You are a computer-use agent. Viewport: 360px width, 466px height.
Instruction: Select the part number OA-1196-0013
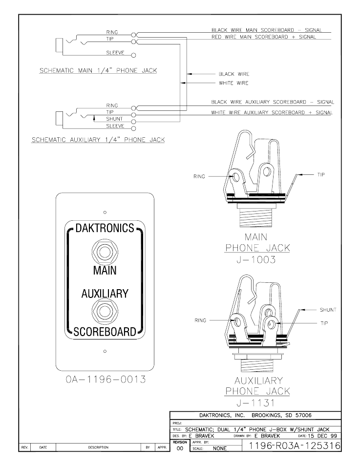point(105,380)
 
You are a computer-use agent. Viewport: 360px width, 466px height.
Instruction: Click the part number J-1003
point(257,259)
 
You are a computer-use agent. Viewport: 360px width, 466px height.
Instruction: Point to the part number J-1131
point(257,403)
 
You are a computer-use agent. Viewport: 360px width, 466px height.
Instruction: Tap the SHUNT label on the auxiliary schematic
point(114,119)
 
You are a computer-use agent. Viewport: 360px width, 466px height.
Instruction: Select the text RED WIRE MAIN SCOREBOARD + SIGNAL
point(264,37)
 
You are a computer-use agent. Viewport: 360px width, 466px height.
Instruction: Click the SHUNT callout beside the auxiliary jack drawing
point(328,310)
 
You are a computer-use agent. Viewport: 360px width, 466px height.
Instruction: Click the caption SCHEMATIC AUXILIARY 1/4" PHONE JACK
point(98,139)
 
